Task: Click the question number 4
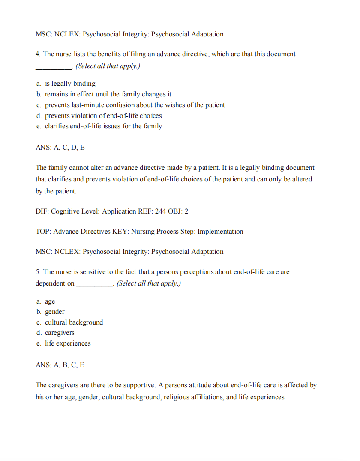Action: click(38, 54)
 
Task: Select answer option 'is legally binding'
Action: click(70, 84)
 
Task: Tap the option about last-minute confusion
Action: click(135, 105)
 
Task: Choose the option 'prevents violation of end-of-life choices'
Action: click(103, 116)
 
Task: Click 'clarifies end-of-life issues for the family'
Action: click(103, 126)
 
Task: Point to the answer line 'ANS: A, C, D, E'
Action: click(60, 147)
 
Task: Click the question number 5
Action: click(38, 272)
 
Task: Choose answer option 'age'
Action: click(50, 301)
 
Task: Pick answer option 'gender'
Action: click(54, 312)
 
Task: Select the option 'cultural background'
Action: click(74, 322)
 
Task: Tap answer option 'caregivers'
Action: click(60, 333)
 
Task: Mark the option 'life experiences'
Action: click(68, 343)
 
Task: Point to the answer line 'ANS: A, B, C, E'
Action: click(60, 365)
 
